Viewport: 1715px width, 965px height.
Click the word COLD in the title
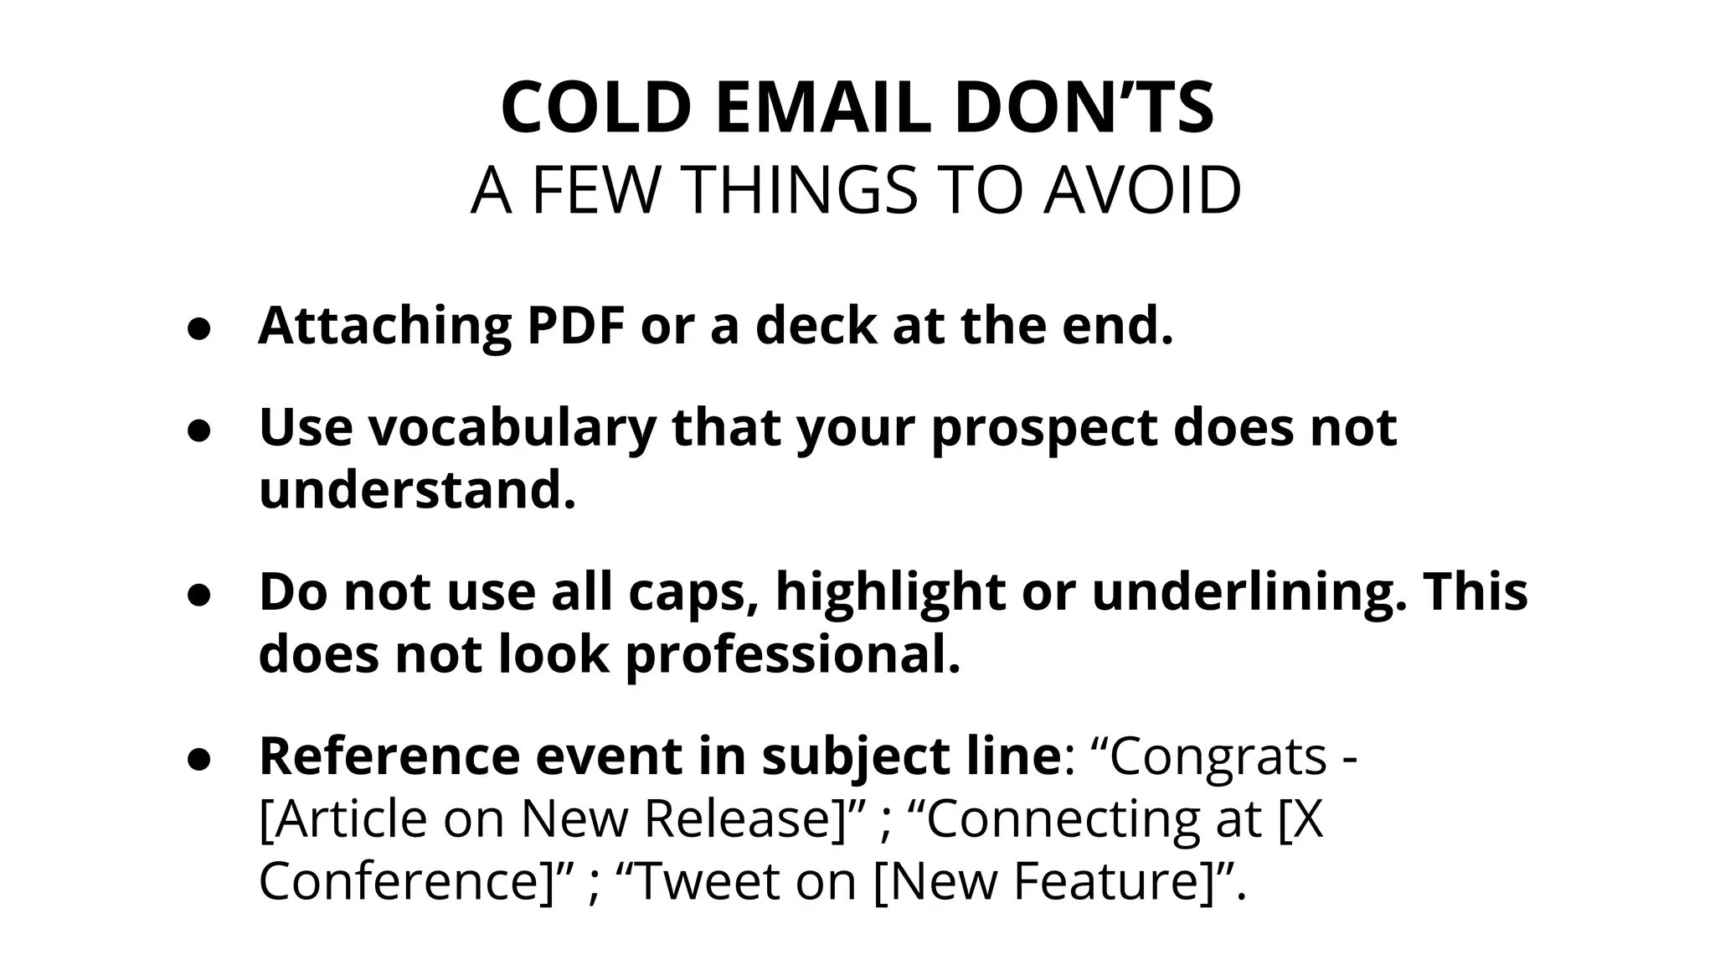[596, 108]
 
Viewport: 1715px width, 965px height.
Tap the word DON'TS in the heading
[1084, 108]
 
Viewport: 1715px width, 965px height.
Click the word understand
[417, 489]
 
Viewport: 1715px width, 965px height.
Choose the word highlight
[890, 591]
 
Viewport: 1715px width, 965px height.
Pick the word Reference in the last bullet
[389, 756]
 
